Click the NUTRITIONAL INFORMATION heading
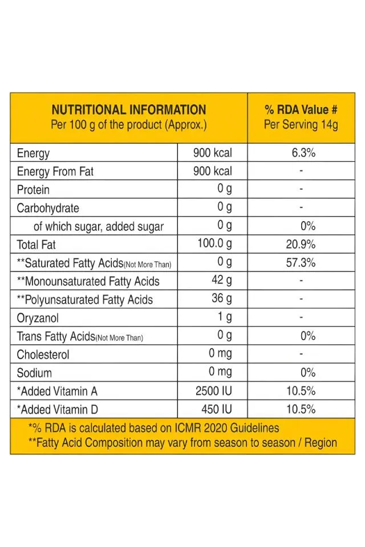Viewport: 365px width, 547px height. point(128,110)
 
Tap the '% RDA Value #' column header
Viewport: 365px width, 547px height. point(301,110)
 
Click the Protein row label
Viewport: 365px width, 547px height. point(33,190)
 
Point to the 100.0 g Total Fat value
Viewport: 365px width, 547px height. point(214,244)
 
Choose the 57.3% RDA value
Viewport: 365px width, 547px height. point(301,263)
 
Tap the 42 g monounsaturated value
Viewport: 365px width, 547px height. point(221,281)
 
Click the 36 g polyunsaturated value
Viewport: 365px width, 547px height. point(221,299)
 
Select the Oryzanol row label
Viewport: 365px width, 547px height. point(38,318)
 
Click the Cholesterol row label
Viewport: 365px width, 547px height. point(43,354)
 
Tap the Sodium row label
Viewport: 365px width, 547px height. point(34,373)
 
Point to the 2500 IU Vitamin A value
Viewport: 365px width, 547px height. point(213,391)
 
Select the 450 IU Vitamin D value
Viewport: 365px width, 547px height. point(217,409)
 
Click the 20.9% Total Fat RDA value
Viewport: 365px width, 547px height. point(301,244)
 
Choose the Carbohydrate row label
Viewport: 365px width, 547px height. point(48,208)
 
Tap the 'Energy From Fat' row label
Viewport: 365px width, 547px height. point(55,172)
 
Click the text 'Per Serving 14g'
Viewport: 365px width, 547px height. point(301,125)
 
